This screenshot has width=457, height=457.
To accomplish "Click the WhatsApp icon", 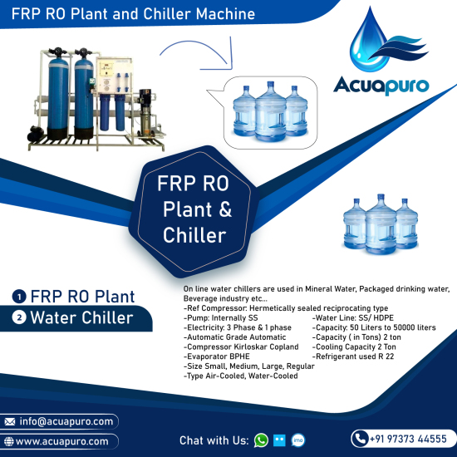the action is click(261, 440).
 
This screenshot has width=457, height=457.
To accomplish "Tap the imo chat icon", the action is click(298, 440).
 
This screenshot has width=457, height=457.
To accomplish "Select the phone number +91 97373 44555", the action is click(408, 439).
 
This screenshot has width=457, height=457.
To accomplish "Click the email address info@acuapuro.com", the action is click(66, 421).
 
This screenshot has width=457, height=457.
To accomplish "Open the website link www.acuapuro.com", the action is click(62, 441).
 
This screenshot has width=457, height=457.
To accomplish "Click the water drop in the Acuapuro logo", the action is click(368, 41).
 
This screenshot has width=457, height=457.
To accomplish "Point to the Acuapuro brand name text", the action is click(381, 86).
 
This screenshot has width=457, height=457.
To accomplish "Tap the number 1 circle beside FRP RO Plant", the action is click(19, 297).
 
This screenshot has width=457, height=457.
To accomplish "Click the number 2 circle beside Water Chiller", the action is click(19, 317).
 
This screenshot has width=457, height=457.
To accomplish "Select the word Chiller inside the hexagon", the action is click(194, 235).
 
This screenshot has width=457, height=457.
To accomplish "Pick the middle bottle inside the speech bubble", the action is click(271, 111).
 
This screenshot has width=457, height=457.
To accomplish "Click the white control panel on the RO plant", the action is click(115, 76).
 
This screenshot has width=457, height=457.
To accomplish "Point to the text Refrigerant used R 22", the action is click(353, 356).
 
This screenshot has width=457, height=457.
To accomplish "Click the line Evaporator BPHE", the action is click(217, 356).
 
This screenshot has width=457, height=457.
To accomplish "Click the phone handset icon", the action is click(361, 439).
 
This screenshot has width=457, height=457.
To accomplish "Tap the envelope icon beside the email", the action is click(10, 422).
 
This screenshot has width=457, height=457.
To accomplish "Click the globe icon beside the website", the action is click(9, 441).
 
